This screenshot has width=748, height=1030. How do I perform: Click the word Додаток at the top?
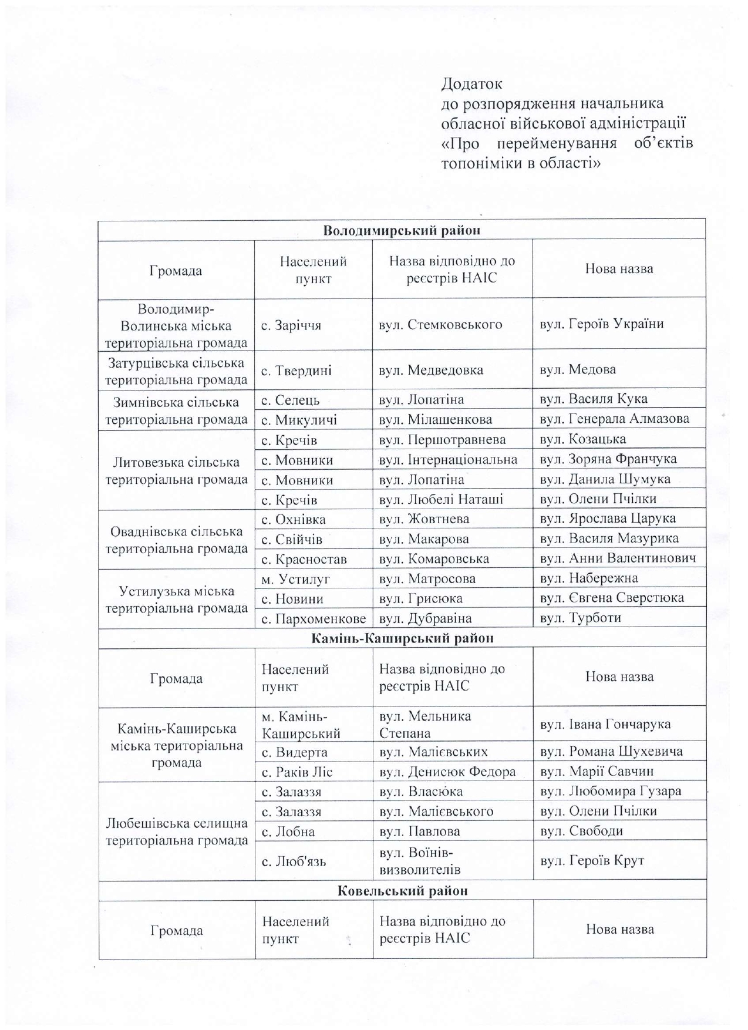(471, 84)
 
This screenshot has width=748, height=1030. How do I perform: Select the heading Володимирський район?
(402, 230)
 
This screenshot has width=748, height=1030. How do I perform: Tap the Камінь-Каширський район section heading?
(402, 638)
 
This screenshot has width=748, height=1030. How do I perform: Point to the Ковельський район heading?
(403, 891)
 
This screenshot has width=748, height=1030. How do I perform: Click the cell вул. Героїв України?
(601, 324)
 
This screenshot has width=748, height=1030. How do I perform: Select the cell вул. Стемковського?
(440, 324)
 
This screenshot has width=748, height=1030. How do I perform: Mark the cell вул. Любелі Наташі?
(441, 499)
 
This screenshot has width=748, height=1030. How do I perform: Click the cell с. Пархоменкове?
(314, 618)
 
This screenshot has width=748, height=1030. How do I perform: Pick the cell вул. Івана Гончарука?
(605, 724)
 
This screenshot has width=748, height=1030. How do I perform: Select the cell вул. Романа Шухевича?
(611, 752)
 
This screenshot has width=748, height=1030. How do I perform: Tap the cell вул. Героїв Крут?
(592, 860)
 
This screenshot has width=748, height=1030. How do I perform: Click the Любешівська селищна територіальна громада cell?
(176, 832)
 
